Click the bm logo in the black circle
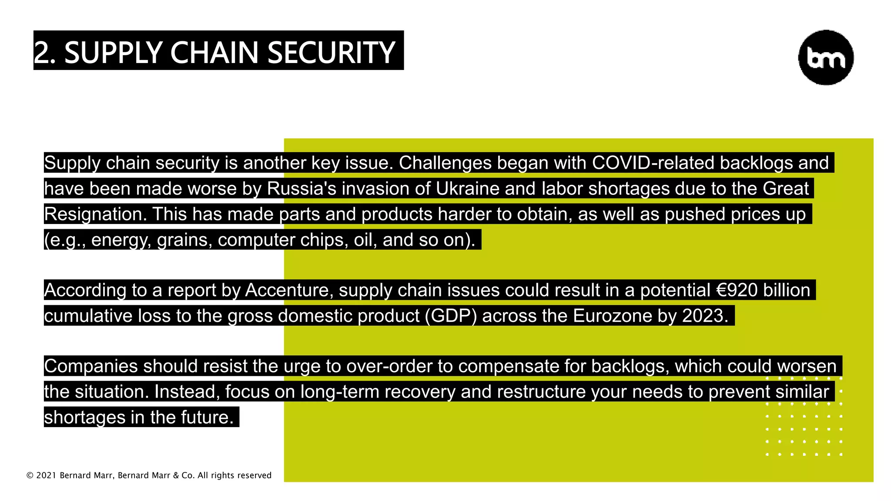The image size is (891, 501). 826,57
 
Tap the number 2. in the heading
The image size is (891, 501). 45,53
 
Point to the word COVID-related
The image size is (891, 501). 653,163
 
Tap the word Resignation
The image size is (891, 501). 95,214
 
